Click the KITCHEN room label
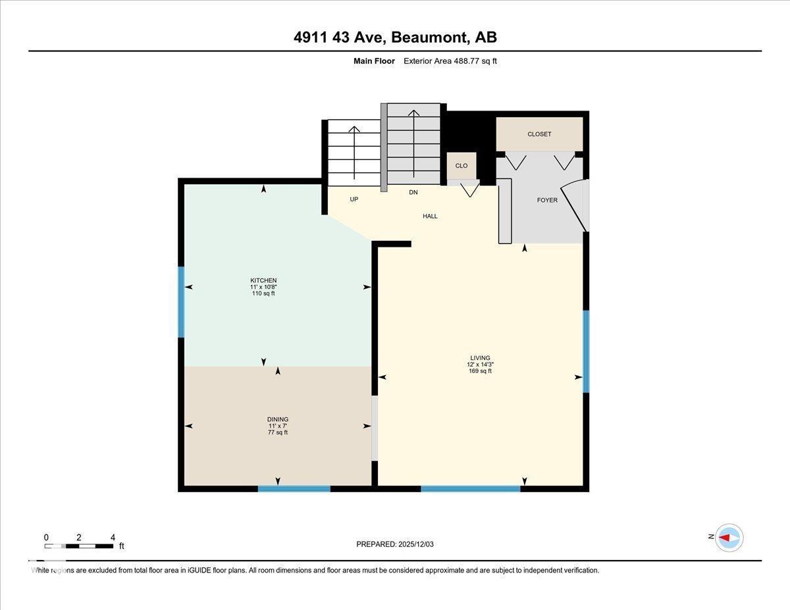tap(263, 280)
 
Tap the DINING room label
tap(278, 419)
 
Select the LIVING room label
tap(481, 358)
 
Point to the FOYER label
tap(547, 200)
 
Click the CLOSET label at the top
tap(539, 134)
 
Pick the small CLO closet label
tap(461, 166)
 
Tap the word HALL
tap(430, 216)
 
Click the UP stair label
tap(354, 199)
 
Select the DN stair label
tap(413, 192)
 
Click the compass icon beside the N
tap(729, 538)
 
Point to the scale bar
tap(79, 546)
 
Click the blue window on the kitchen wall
tap(181, 302)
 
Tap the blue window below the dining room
tap(294, 489)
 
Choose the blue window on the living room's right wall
tap(586, 351)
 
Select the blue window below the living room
tap(470, 489)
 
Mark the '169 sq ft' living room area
tap(481, 371)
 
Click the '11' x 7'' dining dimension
tap(278, 426)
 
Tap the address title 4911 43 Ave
tap(395, 38)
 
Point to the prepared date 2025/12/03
tap(395, 544)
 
